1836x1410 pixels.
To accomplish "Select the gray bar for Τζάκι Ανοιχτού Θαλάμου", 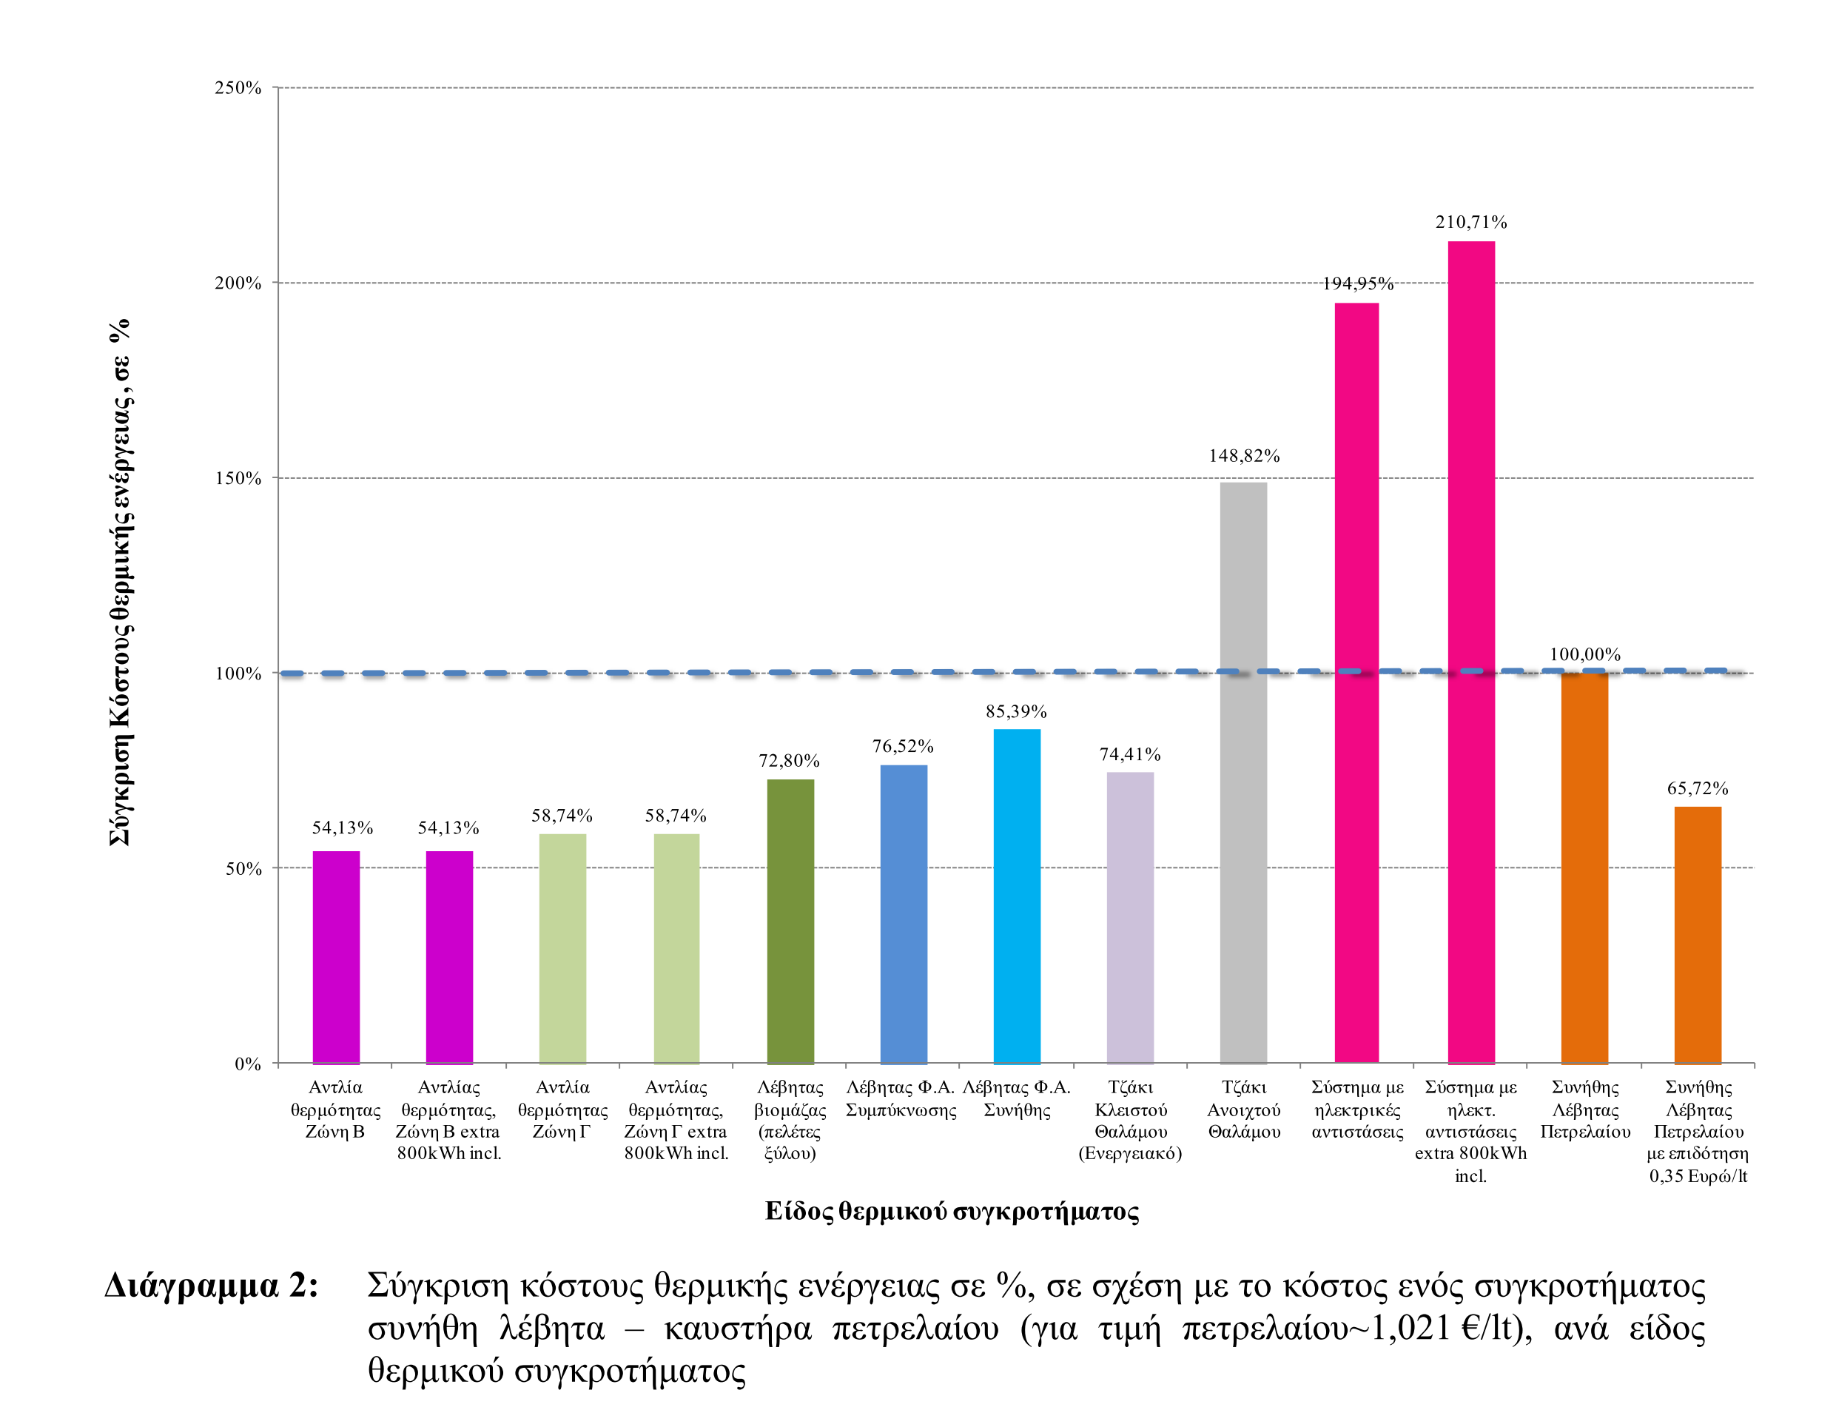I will click(x=1243, y=772).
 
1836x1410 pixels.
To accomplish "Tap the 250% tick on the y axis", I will click(x=238, y=88).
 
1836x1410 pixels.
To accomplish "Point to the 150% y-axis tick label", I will click(x=238, y=478).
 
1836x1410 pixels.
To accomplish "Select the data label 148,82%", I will click(x=1243, y=456).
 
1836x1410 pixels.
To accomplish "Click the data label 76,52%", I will click(x=902, y=746).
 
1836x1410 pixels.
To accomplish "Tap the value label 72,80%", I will click(x=789, y=760).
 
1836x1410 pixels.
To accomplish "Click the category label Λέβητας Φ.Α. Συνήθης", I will click(x=1016, y=1098).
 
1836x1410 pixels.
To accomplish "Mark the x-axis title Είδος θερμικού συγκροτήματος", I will click(x=952, y=1211).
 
